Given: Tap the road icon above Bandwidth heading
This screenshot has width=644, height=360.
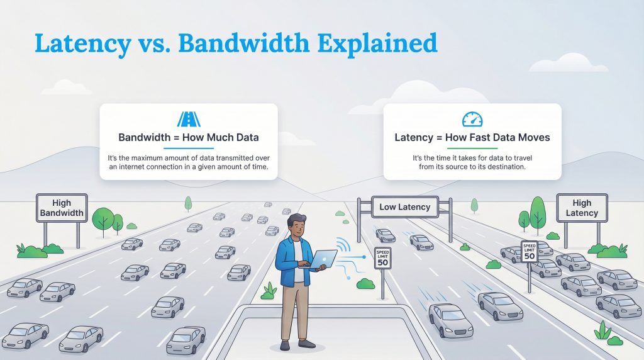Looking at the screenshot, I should point(189,120).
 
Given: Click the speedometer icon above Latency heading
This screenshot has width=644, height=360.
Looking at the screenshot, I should point(472,119).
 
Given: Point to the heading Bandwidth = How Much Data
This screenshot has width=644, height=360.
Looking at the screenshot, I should point(189,137).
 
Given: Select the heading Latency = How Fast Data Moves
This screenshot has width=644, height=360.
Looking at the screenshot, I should point(472,137).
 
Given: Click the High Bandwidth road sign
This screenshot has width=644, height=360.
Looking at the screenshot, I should point(62,208).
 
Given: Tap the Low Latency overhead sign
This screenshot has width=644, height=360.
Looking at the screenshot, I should point(405,206).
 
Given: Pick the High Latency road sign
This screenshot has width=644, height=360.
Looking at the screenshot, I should point(582,208).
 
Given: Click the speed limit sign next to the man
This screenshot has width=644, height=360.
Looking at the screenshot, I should point(382,257).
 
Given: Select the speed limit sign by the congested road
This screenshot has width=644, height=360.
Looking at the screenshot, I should point(529,251).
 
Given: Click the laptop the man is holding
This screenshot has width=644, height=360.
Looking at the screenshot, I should point(324,259).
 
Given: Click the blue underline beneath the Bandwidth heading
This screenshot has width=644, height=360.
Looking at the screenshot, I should point(189,149).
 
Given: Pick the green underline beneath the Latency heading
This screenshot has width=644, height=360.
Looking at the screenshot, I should point(472,149).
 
